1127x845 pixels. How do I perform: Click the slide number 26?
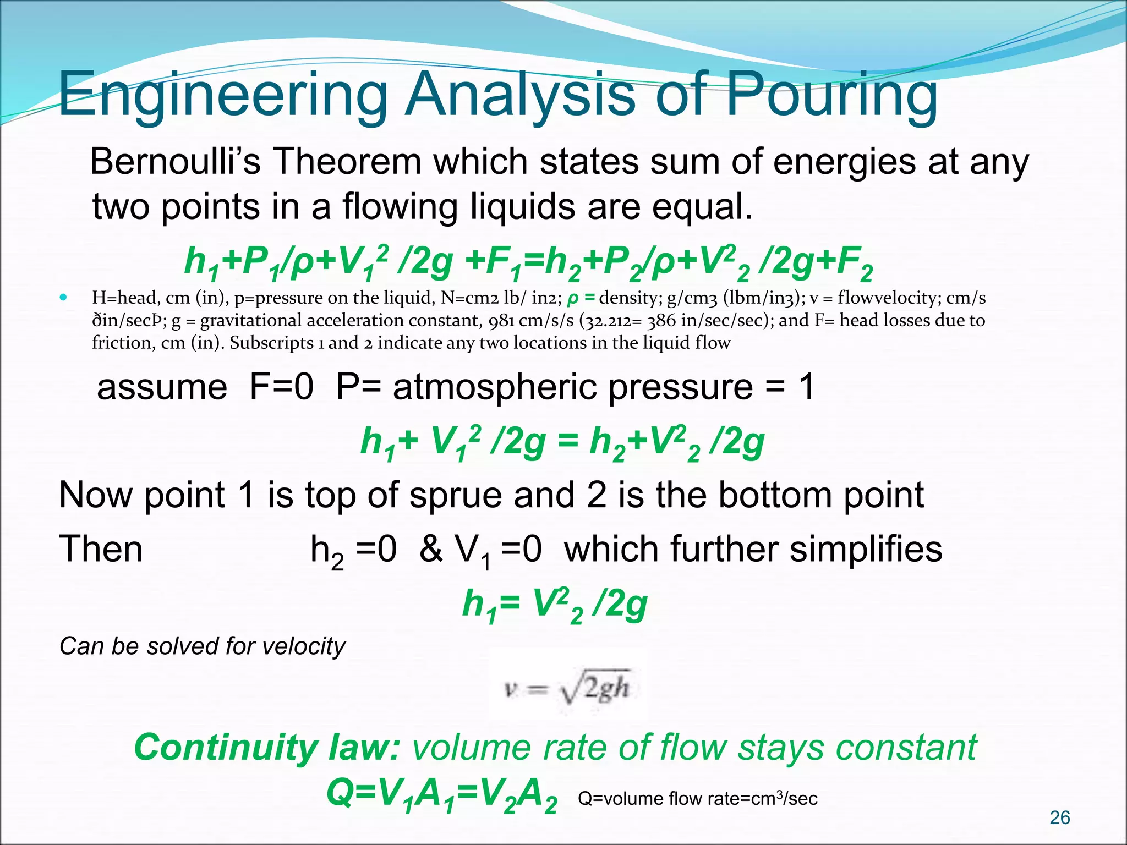[1059, 817]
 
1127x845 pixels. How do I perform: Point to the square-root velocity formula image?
[567, 688]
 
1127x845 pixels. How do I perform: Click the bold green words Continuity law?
[267, 748]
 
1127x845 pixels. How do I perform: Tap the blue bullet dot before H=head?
[64, 298]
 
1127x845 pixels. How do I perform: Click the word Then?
[101, 549]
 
